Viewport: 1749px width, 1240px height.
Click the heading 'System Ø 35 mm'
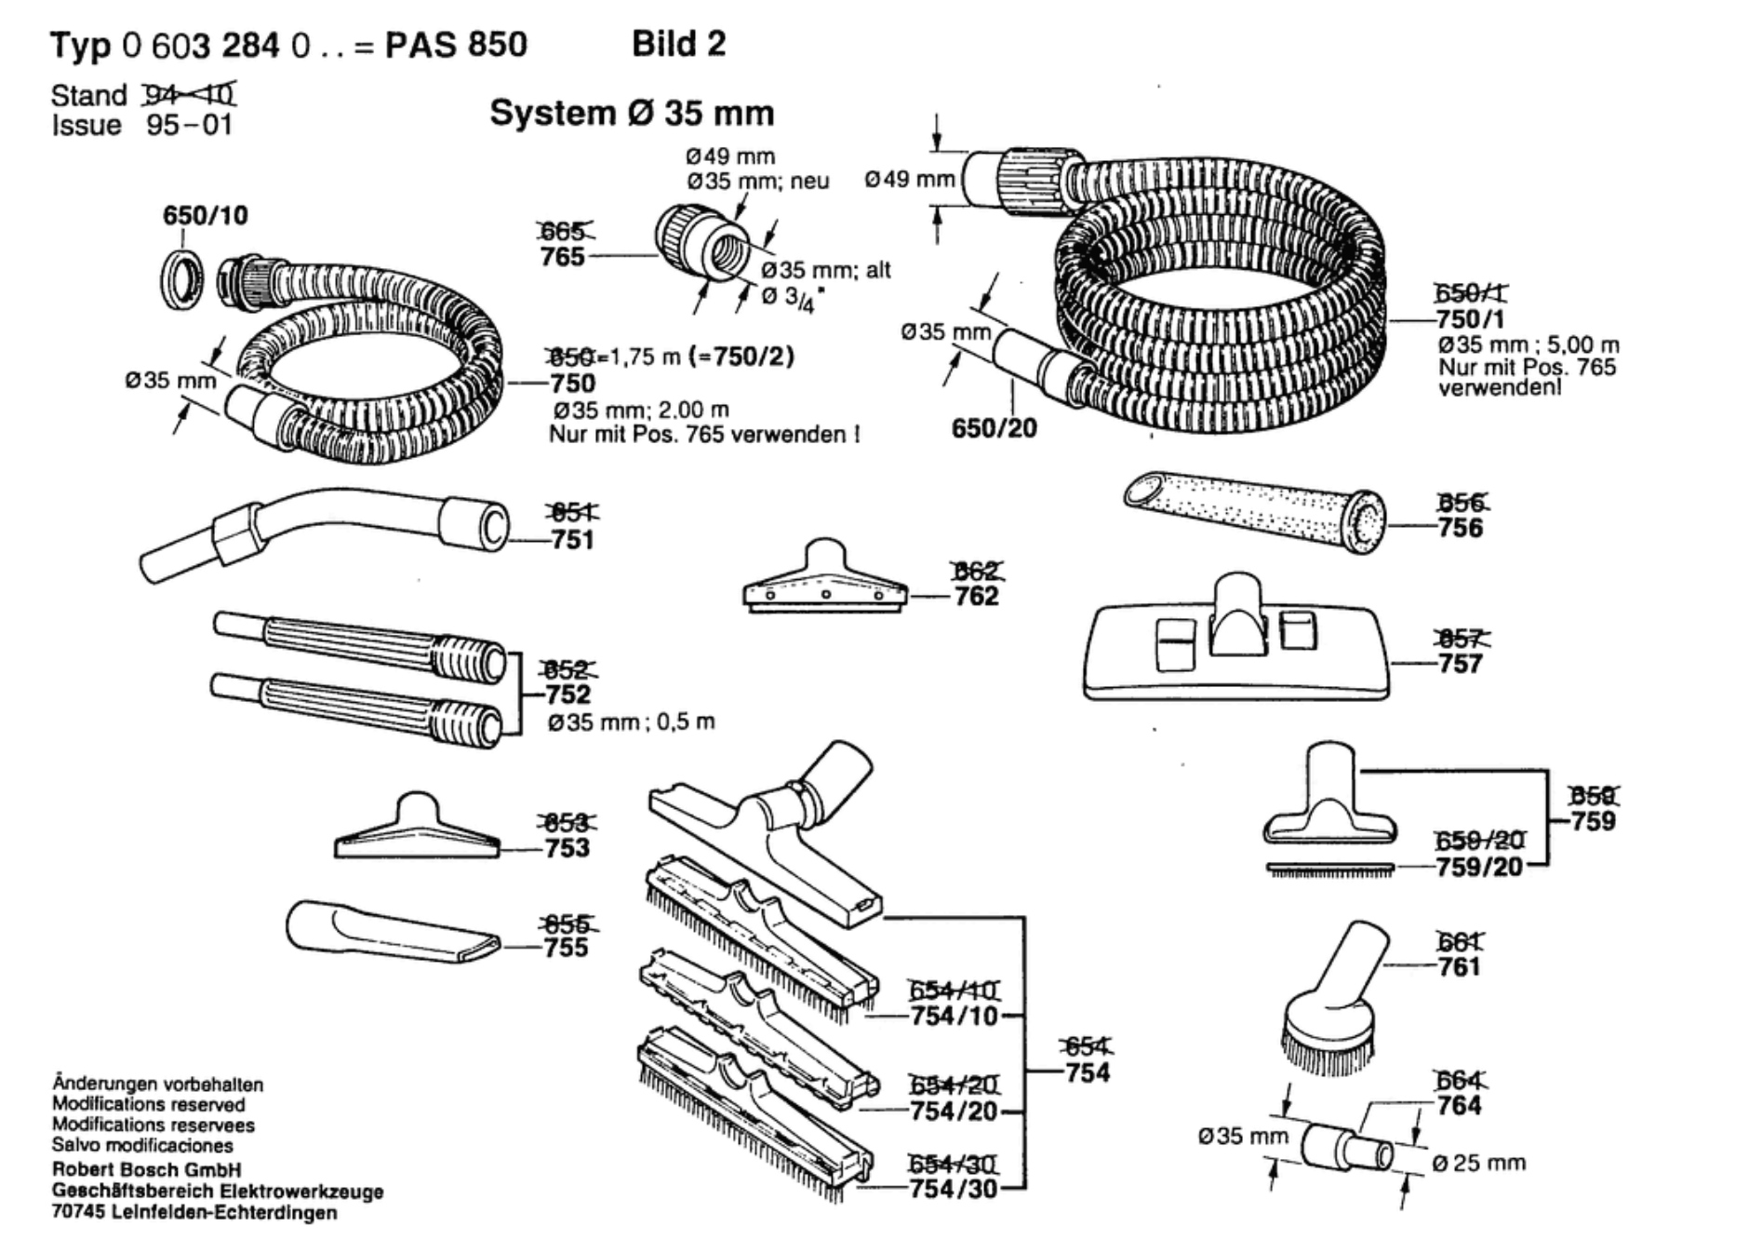point(632,114)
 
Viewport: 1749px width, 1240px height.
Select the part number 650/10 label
point(206,216)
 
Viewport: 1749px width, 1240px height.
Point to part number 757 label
point(1460,664)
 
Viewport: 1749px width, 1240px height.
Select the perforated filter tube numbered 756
point(1256,512)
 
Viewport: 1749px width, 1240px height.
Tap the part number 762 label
point(976,596)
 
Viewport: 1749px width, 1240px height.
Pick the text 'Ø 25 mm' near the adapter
point(1479,1163)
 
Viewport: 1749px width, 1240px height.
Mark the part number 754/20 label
point(954,1111)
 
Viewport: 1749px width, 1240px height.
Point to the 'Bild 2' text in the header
point(678,44)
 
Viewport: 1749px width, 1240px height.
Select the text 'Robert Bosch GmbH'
point(146,1169)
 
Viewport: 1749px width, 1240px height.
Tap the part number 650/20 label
point(994,428)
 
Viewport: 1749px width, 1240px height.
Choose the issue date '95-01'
point(189,125)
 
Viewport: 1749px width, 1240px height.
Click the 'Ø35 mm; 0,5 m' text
point(631,721)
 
